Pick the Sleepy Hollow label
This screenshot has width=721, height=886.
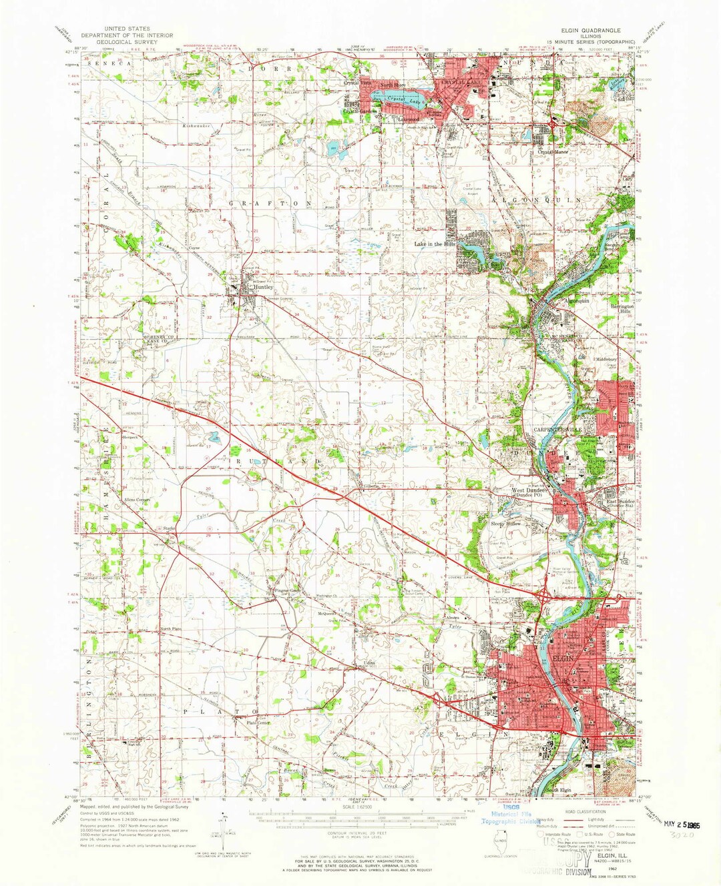click(x=505, y=524)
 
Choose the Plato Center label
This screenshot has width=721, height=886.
click(x=258, y=723)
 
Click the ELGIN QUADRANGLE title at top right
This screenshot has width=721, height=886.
click(x=590, y=31)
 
